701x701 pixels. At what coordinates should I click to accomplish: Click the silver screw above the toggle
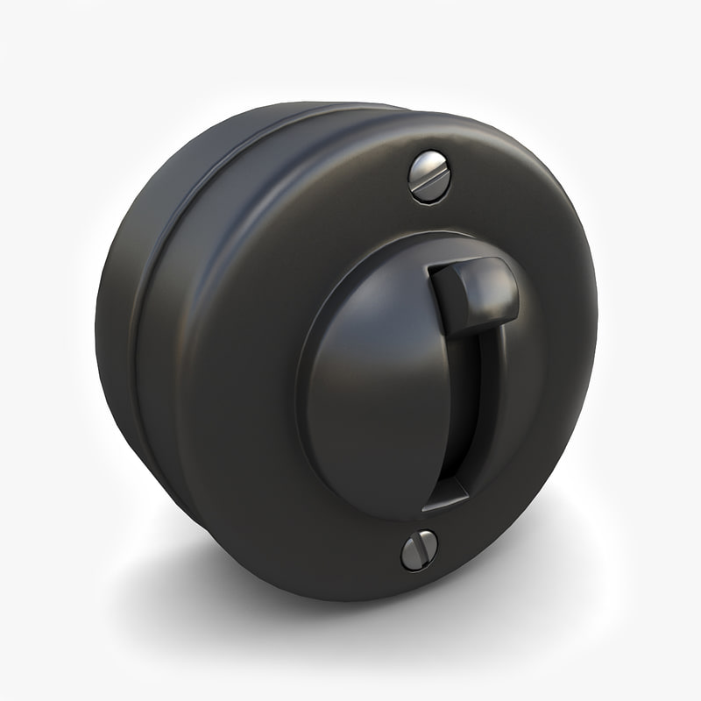pyautogui.click(x=428, y=176)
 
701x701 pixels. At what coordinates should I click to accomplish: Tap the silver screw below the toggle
pyautogui.click(x=419, y=549)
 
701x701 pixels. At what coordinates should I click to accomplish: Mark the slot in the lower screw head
pyautogui.click(x=419, y=550)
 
